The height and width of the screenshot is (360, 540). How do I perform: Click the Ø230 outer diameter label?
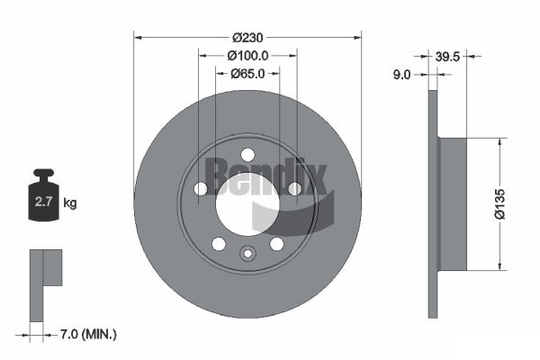[x=247, y=38]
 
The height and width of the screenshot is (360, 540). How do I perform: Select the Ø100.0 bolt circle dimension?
[x=247, y=56]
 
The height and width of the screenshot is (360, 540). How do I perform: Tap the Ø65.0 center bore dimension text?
[x=247, y=74]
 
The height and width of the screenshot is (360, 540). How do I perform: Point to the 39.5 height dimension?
[x=447, y=56]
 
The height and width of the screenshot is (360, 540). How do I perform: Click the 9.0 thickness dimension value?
[x=401, y=75]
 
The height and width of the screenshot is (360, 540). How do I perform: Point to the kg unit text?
[x=70, y=203]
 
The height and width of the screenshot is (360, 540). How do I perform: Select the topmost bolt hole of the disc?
[x=247, y=154]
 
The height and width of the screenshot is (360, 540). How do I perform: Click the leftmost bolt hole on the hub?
[x=201, y=188]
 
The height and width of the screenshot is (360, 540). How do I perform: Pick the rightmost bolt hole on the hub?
[x=294, y=188]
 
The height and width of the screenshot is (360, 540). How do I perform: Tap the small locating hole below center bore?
[x=247, y=253]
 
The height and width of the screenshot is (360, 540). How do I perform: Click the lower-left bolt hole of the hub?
[x=218, y=244]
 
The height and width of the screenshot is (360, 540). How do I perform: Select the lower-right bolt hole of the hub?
[x=277, y=244]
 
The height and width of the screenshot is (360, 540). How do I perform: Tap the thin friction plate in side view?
[x=433, y=203]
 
